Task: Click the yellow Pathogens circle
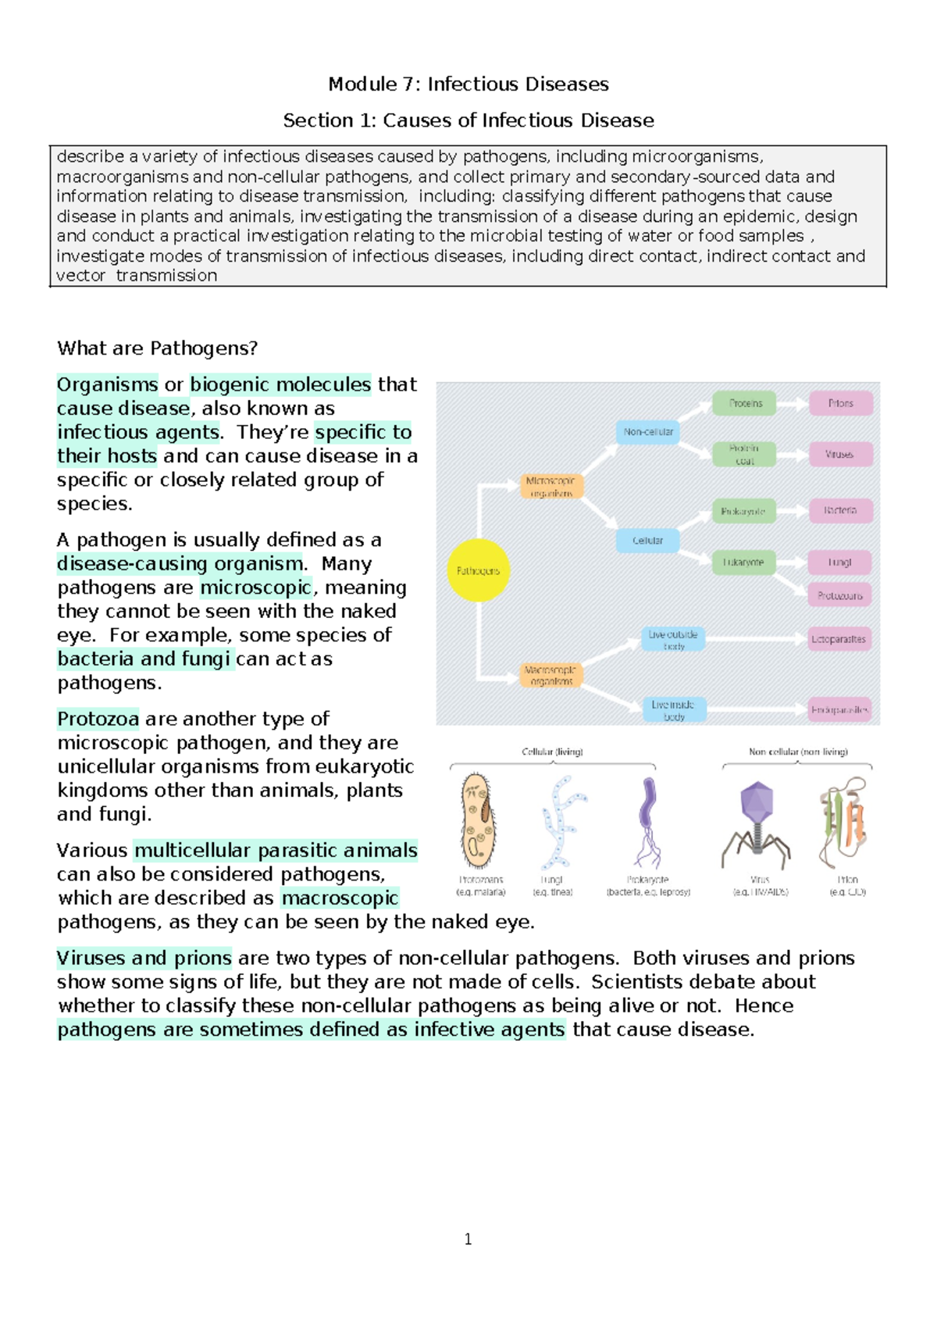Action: pyautogui.click(x=478, y=570)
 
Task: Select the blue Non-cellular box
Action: pyautogui.click(x=647, y=431)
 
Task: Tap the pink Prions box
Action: pyautogui.click(x=840, y=403)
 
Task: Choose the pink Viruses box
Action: pyautogui.click(x=839, y=454)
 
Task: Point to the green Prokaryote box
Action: pyautogui.click(x=743, y=511)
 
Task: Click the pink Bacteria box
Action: pyautogui.click(x=839, y=510)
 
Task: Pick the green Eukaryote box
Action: pyautogui.click(x=743, y=562)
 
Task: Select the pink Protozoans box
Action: pyautogui.click(x=839, y=595)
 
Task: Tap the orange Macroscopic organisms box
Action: pyautogui.click(x=551, y=675)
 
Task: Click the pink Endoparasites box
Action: pyautogui.click(x=839, y=709)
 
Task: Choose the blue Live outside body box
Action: pyautogui.click(x=673, y=639)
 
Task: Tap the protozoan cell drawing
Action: pyautogui.click(x=478, y=821)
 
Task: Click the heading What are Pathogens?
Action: pyautogui.click(x=157, y=348)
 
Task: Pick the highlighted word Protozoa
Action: pyautogui.click(x=98, y=719)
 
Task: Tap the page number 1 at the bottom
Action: pyautogui.click(x=468, y=1239)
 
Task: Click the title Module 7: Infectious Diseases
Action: pyautogui.click(x=468, y=84)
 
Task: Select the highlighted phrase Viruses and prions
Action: pyautogui.click(x=144, y=958)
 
